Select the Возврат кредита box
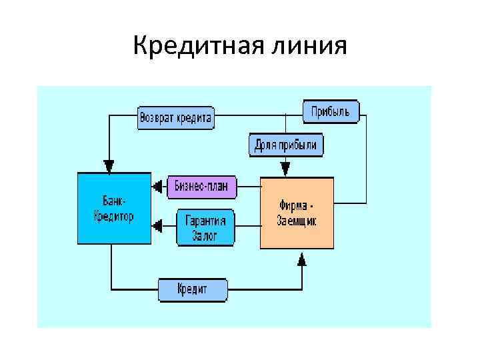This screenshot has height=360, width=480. [175, 119]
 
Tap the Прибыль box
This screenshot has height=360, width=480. [331, 111]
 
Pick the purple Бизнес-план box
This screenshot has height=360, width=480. [201, 186]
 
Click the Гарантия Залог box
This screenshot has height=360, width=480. [206, 227]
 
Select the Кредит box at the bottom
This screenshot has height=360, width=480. [193, 289]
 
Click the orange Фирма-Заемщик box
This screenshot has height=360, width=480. [297, 213]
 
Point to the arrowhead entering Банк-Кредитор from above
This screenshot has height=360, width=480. [109, 165]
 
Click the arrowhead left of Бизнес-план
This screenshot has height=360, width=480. [157, 186]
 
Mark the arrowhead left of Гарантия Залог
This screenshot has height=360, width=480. [157, 227]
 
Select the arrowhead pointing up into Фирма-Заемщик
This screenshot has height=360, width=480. [302, 259]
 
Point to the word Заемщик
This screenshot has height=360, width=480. [297, 221]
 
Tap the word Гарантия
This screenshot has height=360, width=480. [205, 221]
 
